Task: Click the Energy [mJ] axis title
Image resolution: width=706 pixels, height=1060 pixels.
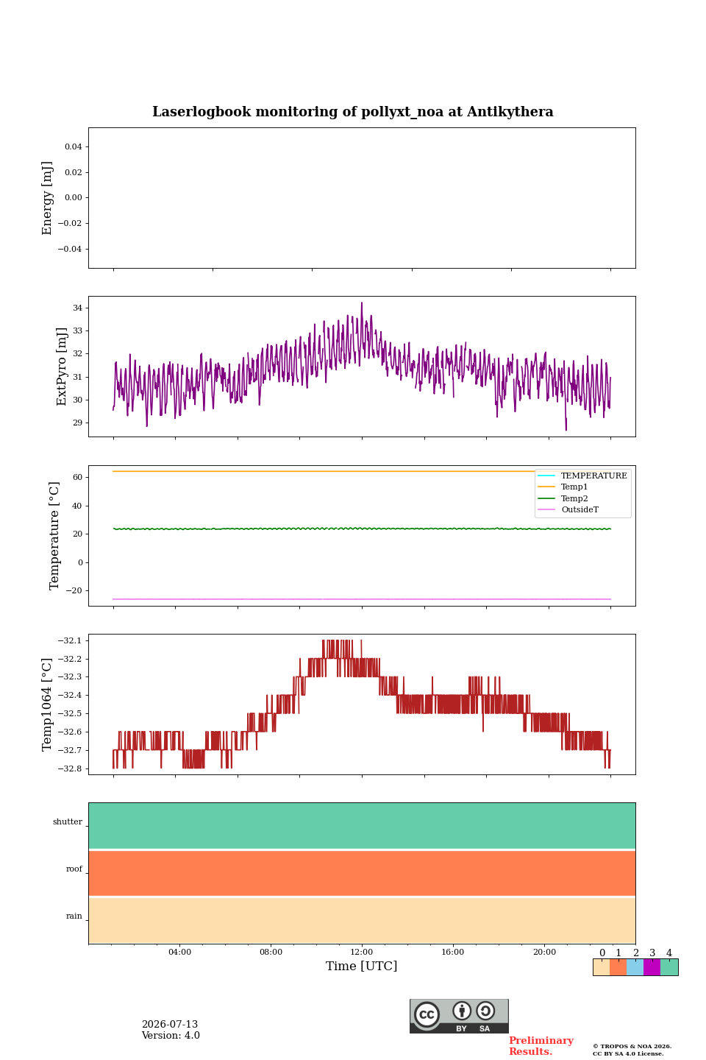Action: tap(47, 198)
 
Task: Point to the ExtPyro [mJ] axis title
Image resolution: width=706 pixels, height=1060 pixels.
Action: tap(62, 367)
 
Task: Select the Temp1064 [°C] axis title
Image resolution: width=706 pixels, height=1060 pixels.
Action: tap(46, 704)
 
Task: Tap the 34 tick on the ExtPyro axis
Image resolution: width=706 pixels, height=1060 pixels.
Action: tap(77, 308)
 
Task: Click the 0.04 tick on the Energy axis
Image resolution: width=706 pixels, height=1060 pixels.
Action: tap(74, 146)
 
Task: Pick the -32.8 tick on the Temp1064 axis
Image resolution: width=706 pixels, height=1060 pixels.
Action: tap(70, 768)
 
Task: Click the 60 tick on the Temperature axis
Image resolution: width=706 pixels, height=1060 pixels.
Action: tap(77, 477)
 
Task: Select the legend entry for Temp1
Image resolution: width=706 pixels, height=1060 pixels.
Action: tap(563, 487)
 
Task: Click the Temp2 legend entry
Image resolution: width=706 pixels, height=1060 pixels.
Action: tap(563, 498)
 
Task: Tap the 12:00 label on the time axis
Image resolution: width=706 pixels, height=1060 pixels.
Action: tap(362, 952)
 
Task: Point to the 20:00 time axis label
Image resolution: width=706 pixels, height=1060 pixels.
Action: tap(545, 952)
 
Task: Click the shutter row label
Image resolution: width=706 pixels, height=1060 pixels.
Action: tap(68, 821)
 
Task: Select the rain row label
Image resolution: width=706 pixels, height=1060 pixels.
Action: tap(74, 916)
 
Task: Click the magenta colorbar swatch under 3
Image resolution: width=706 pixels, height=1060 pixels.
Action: tap(652, 967)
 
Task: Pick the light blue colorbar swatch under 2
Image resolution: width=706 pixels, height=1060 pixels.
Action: tap(635, 967)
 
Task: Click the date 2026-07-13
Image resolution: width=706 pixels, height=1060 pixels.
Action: tap(170, 1024)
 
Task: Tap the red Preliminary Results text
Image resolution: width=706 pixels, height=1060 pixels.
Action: tap(541, 1046)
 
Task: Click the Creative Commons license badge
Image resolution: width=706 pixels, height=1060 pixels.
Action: tap(459, 1016)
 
